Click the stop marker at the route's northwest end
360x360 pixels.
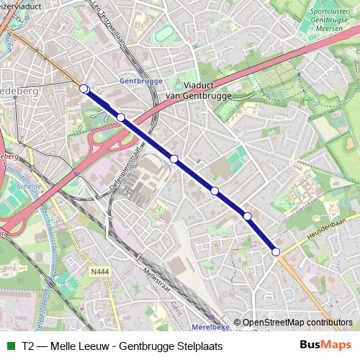click(x=84, y=89)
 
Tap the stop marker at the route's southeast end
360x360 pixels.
click(x=276, y=251)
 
